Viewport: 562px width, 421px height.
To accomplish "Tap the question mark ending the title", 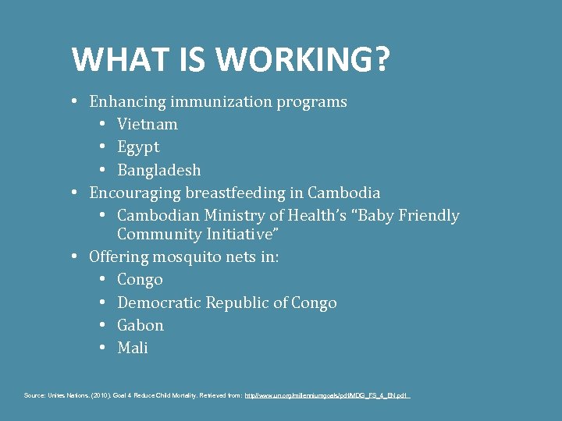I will click(x=382, y=59).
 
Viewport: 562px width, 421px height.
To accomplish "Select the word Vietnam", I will click(x=148, y=124).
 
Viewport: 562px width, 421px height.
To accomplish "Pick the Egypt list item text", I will click(x=138, y=147).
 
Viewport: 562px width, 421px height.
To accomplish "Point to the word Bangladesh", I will click(x=159, y=169).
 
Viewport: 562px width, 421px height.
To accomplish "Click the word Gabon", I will click(x=140, y=325).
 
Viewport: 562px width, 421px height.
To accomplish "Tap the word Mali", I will click(x=133, y=348).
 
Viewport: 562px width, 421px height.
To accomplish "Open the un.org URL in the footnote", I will click(x=327, y=396).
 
